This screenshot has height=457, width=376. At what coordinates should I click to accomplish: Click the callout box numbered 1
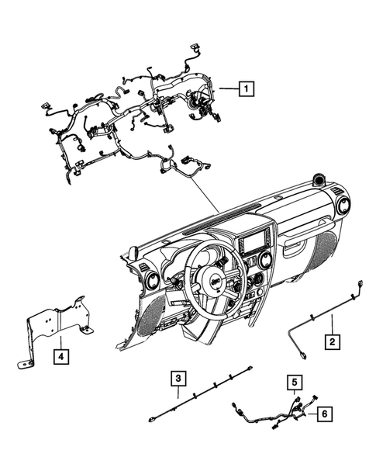click(245, 89)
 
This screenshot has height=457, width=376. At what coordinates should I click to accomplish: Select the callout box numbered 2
click(331, 340)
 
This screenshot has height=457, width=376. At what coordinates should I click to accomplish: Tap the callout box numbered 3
click(178, 379)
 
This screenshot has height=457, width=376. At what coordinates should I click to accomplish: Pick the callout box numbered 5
click(294, 382)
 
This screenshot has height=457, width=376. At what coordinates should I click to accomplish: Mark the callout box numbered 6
click(323, 414)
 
